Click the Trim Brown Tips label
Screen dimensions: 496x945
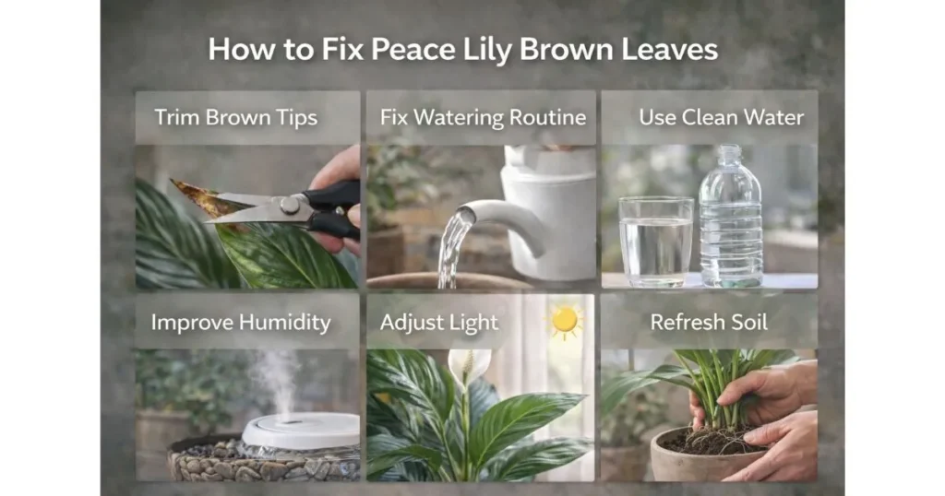pos(236,118)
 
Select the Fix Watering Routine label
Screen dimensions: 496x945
pos(483,118)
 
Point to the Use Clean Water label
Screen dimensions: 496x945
pos(721,118)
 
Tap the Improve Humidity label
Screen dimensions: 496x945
pos(241,323)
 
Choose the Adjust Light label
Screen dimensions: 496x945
pos(439,323)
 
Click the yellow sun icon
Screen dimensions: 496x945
pos(565,320)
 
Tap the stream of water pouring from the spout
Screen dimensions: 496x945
pos(451,249)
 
